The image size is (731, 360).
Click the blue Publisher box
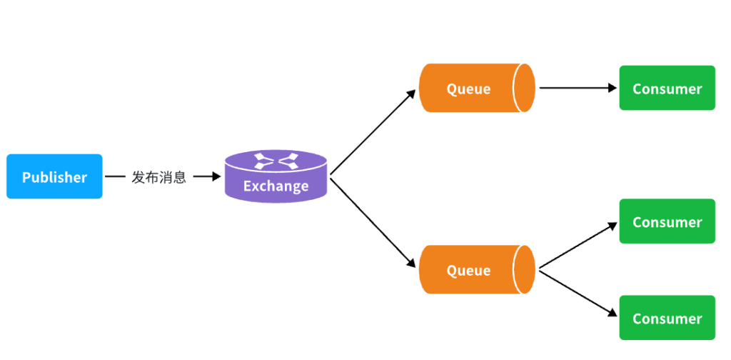click(x=54, y=176)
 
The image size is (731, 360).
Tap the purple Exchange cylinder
click(x=276, y=176)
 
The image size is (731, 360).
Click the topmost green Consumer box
click(x=667, y=88)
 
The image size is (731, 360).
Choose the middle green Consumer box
click(x=667, y=221)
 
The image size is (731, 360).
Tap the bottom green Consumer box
click(x=667, y=318)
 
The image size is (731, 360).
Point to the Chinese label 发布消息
click(x=158, y=177)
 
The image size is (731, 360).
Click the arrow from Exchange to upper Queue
click(x=373, y=132)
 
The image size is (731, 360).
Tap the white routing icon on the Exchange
click(x=276, y=161)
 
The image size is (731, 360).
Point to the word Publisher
click(x=54, y=177)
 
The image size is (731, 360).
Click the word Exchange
click(x=276, y=186)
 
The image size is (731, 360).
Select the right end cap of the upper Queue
click(x=526, y=88)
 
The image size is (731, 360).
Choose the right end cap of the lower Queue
click(x=526, y=269)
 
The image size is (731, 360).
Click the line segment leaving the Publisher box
click(x=115, y=176)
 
